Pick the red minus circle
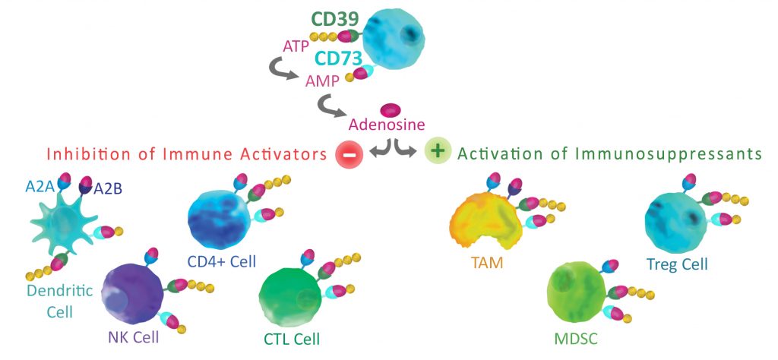[349, 153]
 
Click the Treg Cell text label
[677, 265]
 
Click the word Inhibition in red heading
[81, 154]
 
